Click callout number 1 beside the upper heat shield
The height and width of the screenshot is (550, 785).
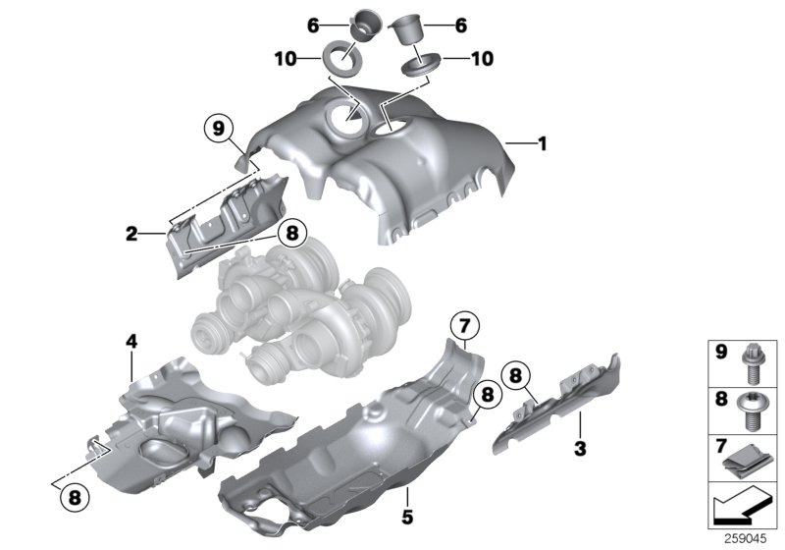[542, 143]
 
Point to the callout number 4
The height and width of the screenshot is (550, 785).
[131, 341]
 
